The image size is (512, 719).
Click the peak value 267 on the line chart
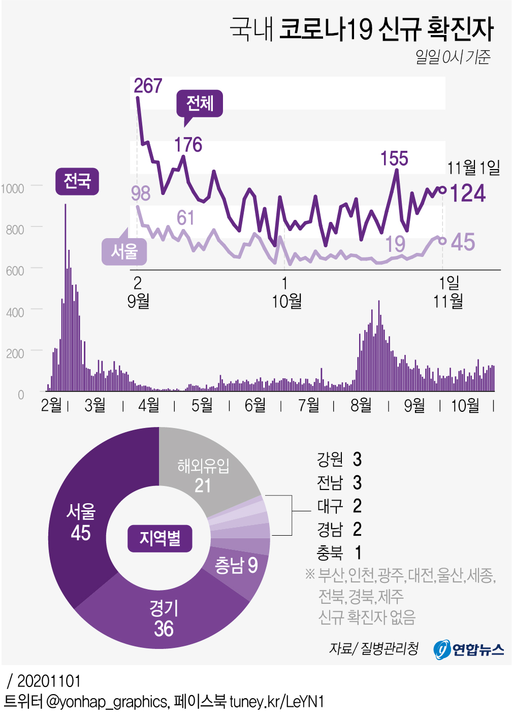(148, 86)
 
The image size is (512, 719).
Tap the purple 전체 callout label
(200, 104)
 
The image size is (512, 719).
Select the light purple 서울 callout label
(124, 251)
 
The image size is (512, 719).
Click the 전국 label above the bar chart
(77, 181)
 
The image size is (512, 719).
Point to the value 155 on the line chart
(394, 159)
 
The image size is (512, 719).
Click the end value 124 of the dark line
(468, 193)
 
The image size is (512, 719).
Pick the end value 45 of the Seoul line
(463, 242)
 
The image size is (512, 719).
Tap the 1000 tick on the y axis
(12, 189)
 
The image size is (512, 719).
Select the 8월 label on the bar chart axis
(361, 405)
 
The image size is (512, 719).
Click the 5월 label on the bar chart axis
(202, 405)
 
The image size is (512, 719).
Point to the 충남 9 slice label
(236, 565)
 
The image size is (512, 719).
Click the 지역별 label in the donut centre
(159, 538)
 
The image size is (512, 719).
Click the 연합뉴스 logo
(468, 649)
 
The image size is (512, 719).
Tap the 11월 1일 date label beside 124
(473, 167)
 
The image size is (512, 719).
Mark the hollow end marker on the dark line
(442, 190)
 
